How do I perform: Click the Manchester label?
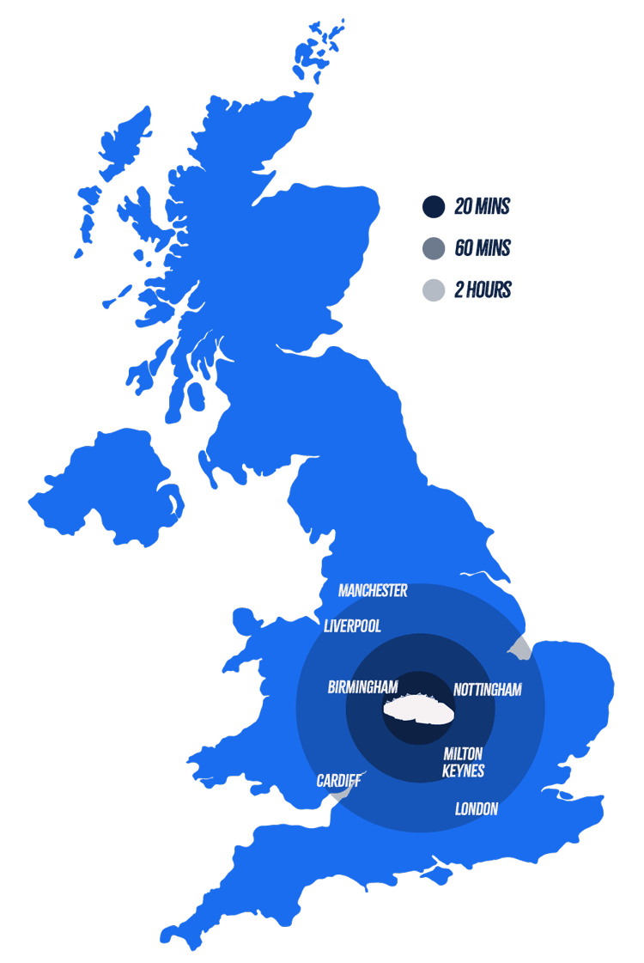click(373, 591)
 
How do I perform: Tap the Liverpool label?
click(352, 626)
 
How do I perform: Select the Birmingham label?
click(362, 687)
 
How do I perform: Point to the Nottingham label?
click(487, 690)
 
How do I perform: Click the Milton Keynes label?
click(463, 763)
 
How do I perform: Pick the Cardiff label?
click(338, 781)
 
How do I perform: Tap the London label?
click(476, 809)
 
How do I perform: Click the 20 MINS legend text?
click(482, 207)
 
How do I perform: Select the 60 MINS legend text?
click(482, 249)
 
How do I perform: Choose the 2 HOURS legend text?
click(482, 290)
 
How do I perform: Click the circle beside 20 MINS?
click(434, 207)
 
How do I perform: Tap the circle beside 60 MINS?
click(434, 249)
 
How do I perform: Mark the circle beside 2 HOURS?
click(434, 290)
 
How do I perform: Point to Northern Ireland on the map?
click(107, 485)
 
